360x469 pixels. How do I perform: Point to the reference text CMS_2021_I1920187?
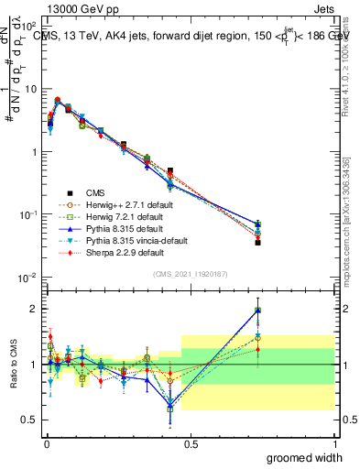pyautogui.click(x=191, y=274)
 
